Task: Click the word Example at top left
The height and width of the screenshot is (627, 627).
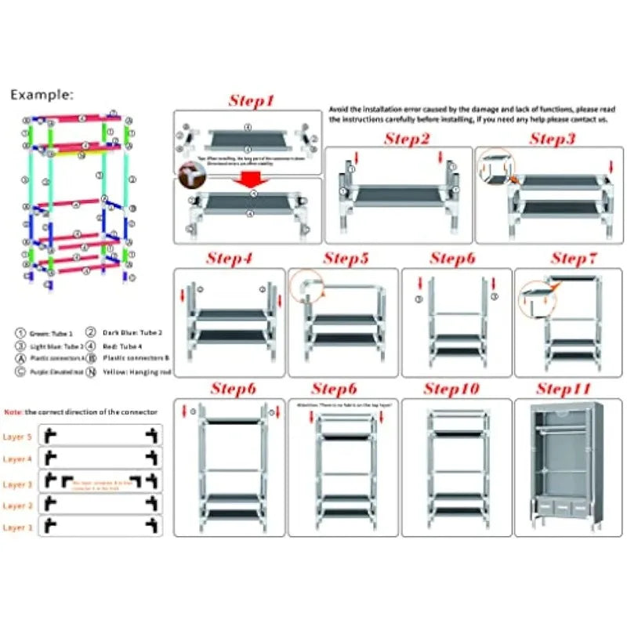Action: pos(42,95)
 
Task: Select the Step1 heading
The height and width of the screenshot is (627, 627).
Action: pos(252,101)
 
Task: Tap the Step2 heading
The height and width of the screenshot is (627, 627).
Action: pos(407,140)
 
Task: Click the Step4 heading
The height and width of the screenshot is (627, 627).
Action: pos(230,259)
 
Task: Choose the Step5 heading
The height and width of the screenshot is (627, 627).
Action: pos(346,259)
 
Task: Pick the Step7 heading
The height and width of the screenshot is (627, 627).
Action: pos(573,259)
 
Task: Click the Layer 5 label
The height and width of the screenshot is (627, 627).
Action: pos(18,437)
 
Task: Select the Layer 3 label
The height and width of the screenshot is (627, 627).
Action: pos(18,484)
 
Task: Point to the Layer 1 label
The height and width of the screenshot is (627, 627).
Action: pos(18,527)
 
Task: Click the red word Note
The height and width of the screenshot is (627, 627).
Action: pos(13,411)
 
